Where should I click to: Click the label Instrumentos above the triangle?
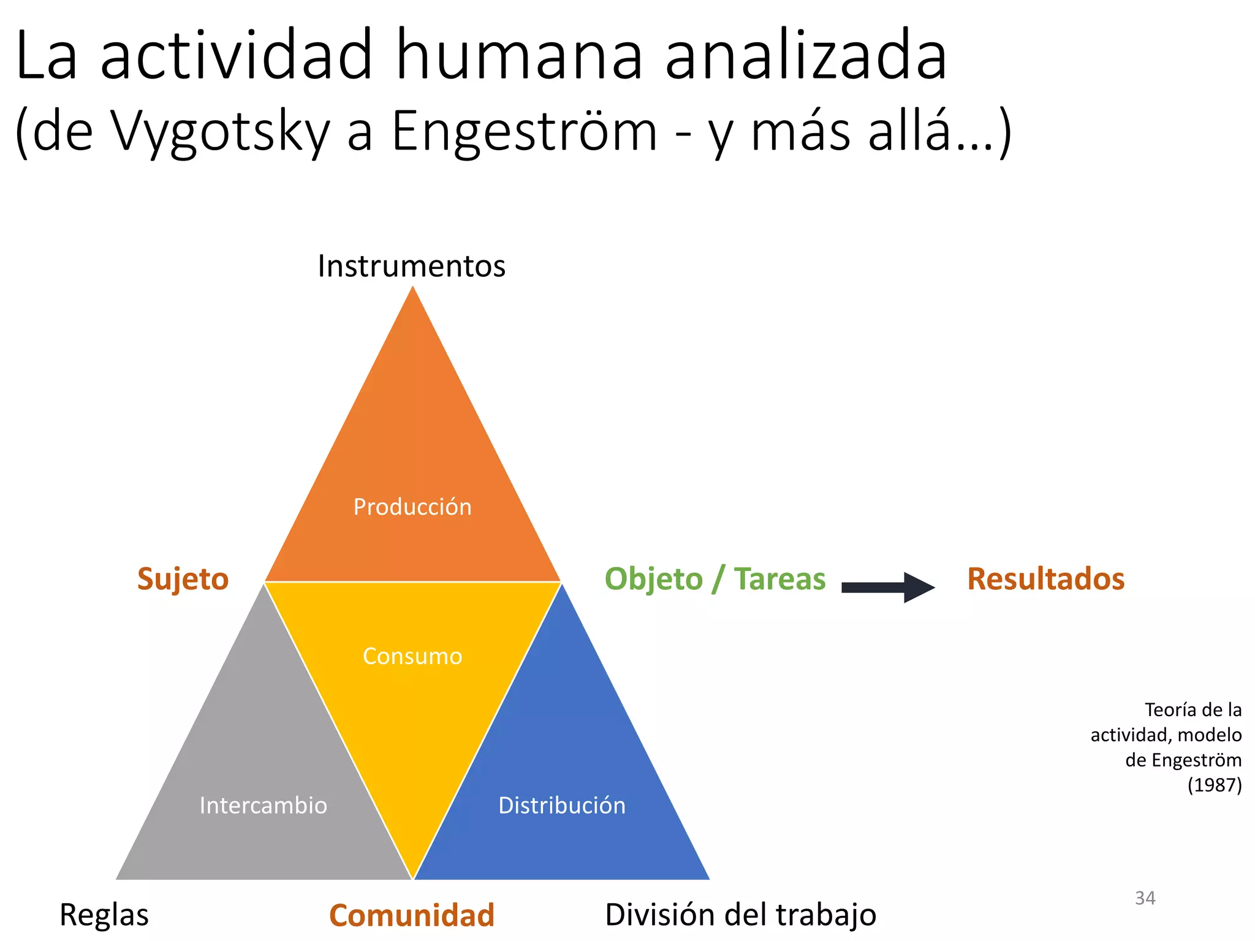[411, 266]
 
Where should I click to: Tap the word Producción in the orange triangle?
[412, 507]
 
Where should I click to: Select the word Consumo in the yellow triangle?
[412, 656]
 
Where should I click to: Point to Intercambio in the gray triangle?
[264, 805]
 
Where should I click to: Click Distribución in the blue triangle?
[562, 805]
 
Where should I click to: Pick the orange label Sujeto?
[183, 579]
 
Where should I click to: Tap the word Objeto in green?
[653, 579]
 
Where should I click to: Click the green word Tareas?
[779, 579]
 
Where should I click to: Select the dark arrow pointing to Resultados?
[888, 588]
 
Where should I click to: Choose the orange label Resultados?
[1045, 579]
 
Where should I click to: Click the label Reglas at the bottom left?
[104, 915]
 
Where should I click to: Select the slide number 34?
[1145, 898]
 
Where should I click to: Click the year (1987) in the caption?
[1214, 785]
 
